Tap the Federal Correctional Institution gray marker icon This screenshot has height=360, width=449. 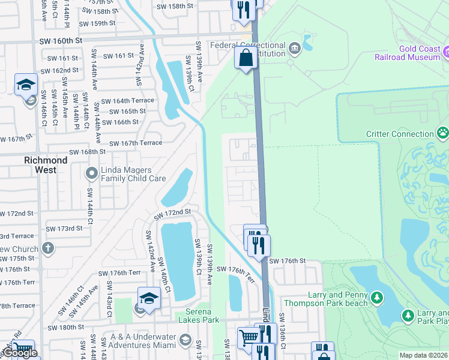[294, 47]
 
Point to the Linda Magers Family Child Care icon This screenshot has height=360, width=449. [92, 174]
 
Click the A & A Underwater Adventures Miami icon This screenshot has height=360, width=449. [185, 341]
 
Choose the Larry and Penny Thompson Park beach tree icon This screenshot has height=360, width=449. [376, 298]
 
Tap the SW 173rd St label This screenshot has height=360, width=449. [64, 229]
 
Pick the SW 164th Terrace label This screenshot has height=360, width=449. [127, 101]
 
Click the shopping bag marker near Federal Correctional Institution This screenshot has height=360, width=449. [246, 58]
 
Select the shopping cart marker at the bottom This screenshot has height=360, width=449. [248, 337]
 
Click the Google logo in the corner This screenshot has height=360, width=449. [19, 353]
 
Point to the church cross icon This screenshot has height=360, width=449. [48, 248]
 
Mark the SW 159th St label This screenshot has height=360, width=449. [95, 23]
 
